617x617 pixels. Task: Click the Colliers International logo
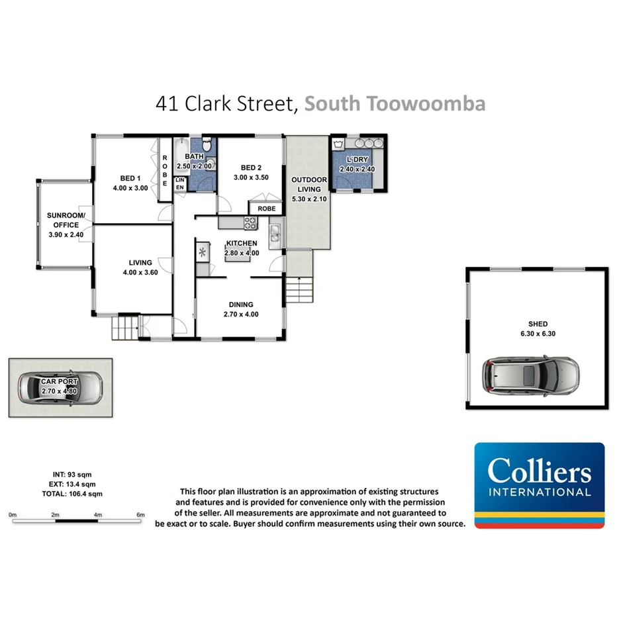pos(539,485)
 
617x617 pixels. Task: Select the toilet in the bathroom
pos(207,144)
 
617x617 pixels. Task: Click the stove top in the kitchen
pos(250,223)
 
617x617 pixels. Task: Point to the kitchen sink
pos(275,233)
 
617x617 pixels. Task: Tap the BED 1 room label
pos(130,178)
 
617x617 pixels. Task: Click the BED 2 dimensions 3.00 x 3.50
pos(252,177)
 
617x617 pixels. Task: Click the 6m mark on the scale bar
pos(140,514)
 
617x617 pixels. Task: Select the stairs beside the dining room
pos(300,289)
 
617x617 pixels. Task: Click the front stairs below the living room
pos(126,327)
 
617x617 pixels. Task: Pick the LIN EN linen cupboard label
pos(179,184)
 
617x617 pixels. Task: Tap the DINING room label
pos(241,305)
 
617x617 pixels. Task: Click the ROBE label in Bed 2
pos(266,209)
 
